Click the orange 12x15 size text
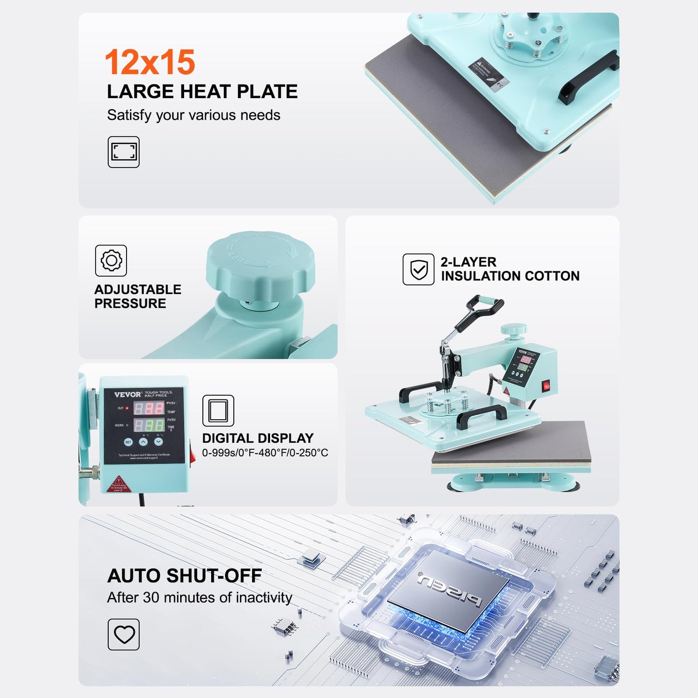click(x=150, y=62)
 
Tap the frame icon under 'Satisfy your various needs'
click(x=124, y=152)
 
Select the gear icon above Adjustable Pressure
click(x=111, y=260)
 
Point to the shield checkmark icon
click(x=418, y=269)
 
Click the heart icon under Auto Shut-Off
click(x=124, y=634)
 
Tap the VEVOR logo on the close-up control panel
click(x=128, y=395)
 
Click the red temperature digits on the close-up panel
click(x=149, y=409)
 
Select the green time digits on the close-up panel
click(x=149, y=426)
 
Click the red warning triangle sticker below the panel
click(x=118, y=483)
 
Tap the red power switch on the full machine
click(x=546, y=385)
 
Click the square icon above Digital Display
click(x=218, y=411)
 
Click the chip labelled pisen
click(x=449, y=589)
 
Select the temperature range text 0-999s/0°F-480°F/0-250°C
click(x=265, y=453)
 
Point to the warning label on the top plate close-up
click(x=488, y=73)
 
